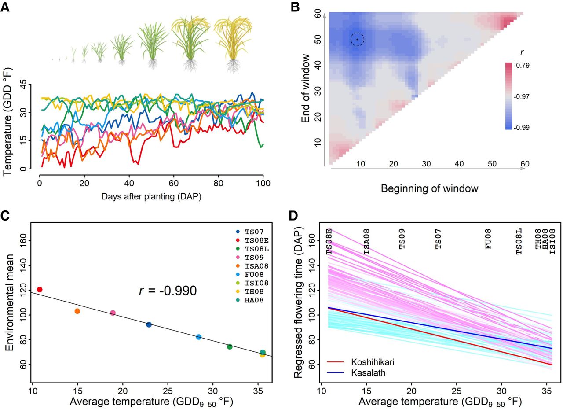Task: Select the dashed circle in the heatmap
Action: [x=357, y=40]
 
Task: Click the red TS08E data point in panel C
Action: [x=40, y=289]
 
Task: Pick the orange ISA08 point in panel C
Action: [x=77, y=311]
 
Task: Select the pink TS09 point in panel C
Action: [x=113, y=313]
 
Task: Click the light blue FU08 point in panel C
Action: [x=199, y=337]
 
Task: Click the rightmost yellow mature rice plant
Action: [x=233, y=44]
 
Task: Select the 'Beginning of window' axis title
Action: [x=429, y=189]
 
